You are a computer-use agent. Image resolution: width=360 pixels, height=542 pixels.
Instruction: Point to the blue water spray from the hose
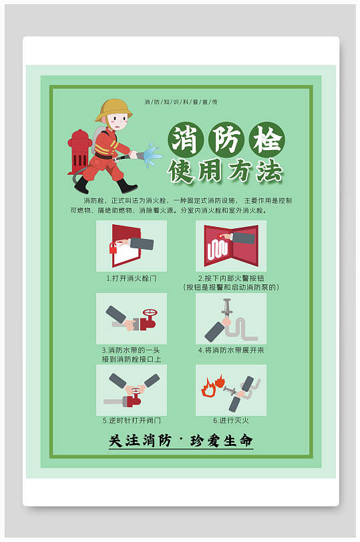coord(152,155)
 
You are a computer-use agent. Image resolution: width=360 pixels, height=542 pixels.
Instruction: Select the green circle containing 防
coord(224,140)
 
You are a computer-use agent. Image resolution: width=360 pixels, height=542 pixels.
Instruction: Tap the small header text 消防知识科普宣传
coord(181,102)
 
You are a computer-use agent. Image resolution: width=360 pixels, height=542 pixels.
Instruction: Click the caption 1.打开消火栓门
coord(131,278)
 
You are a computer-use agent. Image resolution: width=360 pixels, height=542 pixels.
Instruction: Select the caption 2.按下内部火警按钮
coord(231,278)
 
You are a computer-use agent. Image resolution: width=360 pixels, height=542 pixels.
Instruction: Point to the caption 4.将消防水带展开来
coord(231,350)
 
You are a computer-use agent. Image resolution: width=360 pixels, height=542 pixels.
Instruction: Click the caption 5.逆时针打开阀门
coord(131,421)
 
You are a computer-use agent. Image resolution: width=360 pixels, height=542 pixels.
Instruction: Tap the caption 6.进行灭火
coord(231,421)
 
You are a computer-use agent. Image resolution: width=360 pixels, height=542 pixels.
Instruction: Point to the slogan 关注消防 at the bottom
coord(140,441)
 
